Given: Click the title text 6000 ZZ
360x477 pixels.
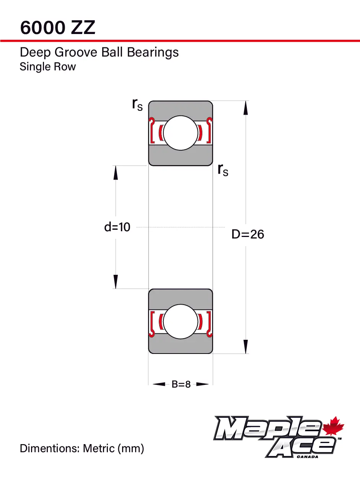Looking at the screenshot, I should pos(57,28).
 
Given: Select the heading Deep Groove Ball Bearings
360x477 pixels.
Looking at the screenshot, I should pos(99,52).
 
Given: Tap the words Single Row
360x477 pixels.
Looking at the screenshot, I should pos(48,67).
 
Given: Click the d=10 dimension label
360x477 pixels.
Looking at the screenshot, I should pos(117,227).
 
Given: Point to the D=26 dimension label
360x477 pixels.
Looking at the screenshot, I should pos(248,234).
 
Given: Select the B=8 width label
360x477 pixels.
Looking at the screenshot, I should pos(181,384).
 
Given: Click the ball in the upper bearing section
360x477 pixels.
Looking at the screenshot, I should pos(181,133).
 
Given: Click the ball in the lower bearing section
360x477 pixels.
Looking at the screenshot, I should pos(181,321).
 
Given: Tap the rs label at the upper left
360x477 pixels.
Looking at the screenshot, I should pos(137,104).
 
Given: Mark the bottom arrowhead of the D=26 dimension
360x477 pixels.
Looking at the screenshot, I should pos(246,347).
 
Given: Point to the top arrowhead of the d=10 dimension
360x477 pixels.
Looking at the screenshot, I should pos(116,173).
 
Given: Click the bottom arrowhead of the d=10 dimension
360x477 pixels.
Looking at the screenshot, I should pos(116,282).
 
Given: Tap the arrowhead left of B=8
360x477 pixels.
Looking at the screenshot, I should pos(159,384).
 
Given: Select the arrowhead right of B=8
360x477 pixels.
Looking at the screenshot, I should pos(202,384).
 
